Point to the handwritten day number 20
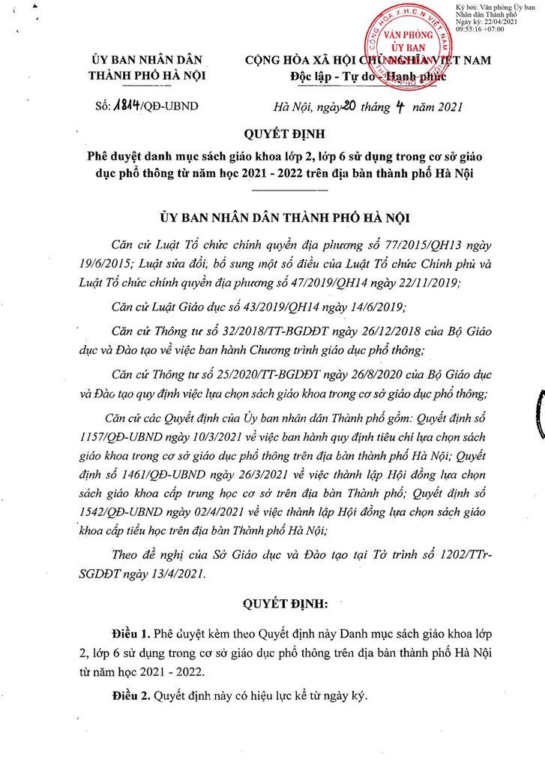(x=347, y=106)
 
